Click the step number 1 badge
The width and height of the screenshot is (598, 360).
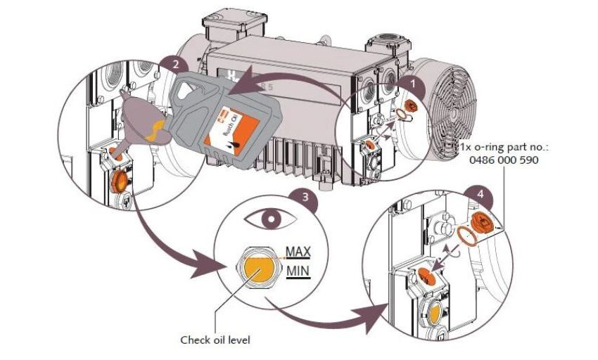[x=414, y=82]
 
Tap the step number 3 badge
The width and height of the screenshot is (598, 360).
[x=303, y=197]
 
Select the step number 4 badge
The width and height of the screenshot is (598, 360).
[x=480, y=191]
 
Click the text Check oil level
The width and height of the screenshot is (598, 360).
[x=215, y=340]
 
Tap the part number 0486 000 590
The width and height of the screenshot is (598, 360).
[x=502, y=160]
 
